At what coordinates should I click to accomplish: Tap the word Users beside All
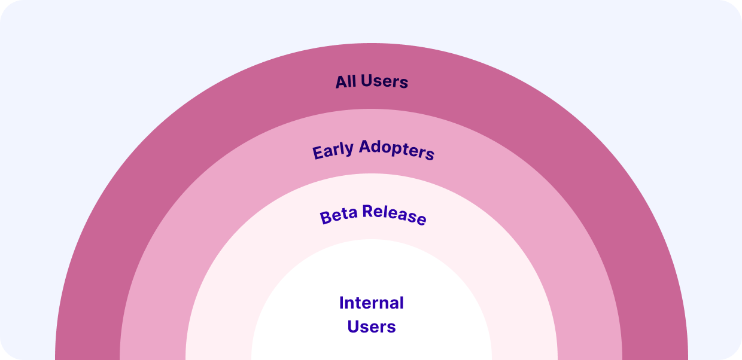point(384,81)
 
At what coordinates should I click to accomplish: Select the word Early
point(333,151)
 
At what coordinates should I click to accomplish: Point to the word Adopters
point(397,150)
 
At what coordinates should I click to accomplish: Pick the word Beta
point(339,216)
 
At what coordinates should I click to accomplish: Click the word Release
point(394,215)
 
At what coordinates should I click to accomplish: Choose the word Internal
point(372,303)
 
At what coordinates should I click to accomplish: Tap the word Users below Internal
point(372,327)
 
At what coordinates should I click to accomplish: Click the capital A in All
point(342,82)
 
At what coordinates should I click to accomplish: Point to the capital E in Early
point(318,153)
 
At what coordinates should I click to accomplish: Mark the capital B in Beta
point(326,218)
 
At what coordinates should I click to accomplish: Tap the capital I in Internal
point(341,303)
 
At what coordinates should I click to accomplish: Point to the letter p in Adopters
point(403,150)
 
